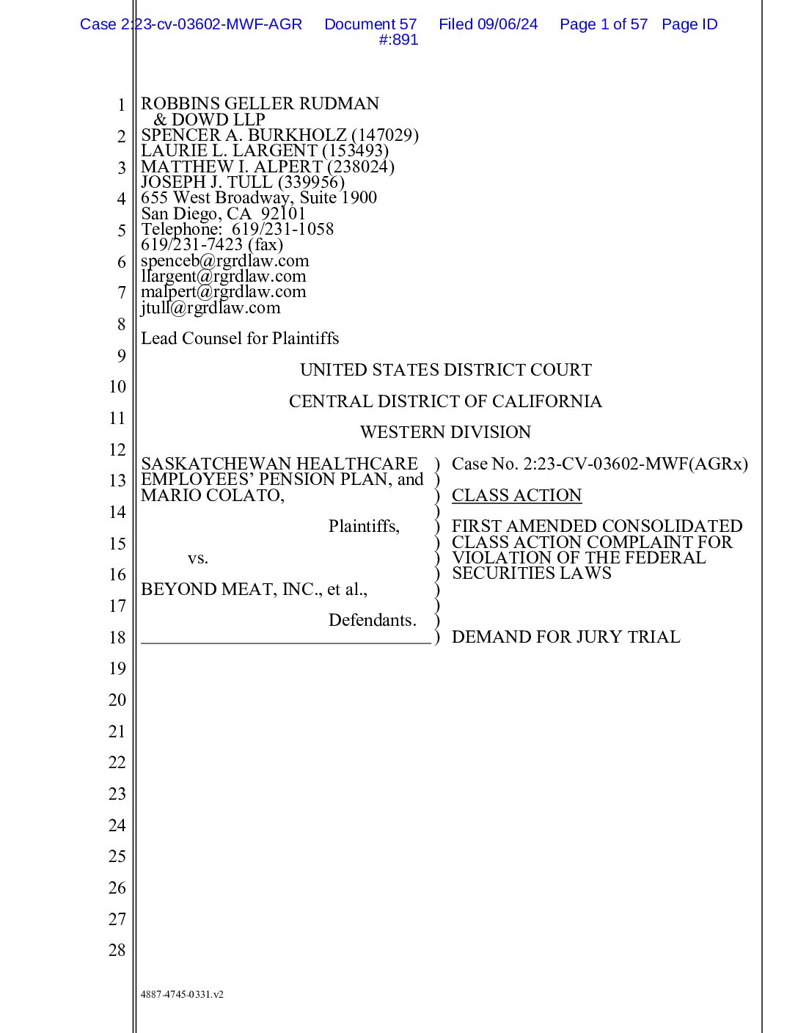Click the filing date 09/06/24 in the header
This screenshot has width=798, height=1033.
click(508, 24)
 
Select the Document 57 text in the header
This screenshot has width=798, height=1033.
click(370, 24)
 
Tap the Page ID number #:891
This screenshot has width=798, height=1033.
click(398, 40)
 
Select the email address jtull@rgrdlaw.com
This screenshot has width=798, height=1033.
click(211, 308)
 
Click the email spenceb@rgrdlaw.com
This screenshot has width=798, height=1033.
click(225, 261)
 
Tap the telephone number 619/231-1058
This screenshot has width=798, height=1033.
click(282, 230)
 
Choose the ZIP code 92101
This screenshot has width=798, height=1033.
click(283, 214)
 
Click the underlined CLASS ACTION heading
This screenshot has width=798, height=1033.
click(516, 496)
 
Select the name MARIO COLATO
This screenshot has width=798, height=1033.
click(211, 496)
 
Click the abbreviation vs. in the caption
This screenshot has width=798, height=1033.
click(198, 558)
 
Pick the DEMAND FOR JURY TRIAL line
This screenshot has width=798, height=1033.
click(565, 637)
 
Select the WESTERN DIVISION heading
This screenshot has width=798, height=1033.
click(445, 433)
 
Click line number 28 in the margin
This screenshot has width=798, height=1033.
click(117, 951)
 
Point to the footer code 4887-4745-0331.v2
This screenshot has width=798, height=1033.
click(182, 995)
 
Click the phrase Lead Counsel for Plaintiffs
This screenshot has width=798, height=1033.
click(240, 339)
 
